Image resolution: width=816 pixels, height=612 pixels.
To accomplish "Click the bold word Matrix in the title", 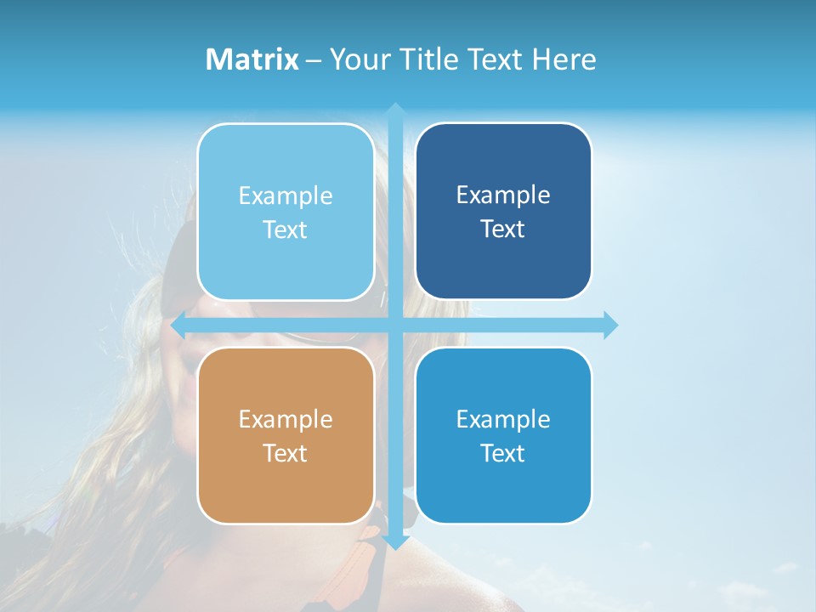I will (x=252, y=59).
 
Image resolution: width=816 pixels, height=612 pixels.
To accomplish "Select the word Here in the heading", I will (x=564, y=59).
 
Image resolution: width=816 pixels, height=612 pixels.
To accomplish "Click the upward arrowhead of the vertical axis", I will (x=395, y=109).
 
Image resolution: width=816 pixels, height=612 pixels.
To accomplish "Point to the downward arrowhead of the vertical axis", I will (x=395, y=542).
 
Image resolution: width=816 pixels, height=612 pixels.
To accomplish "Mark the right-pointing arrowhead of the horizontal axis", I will (x=610, y=326).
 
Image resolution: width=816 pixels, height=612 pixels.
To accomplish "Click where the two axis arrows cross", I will (x=395, y=326).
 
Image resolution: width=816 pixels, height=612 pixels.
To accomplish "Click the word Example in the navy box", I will (x=503, y=195).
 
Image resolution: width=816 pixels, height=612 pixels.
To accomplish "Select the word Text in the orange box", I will (x=286, y=453).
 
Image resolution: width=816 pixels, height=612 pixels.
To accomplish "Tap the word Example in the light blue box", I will (x=286, y=195).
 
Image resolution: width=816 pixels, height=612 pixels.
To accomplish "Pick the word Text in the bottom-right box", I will (x=503, y=453).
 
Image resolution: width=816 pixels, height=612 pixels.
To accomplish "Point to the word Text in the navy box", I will (x=503, y=229).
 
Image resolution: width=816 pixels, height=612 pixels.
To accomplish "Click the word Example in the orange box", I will (x=286, y=419).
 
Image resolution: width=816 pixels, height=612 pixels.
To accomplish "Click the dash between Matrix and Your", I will (x=314, y=60).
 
